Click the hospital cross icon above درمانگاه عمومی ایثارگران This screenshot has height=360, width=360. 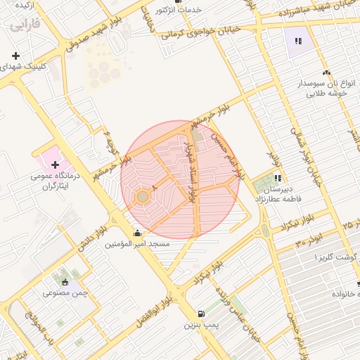click(56, 165)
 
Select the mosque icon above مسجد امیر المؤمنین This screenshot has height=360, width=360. click(136, 233)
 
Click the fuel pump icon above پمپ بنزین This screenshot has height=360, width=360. click(202, 314)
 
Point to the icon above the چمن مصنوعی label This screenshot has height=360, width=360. click(65, 281)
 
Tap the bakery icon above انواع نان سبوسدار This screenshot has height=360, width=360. click(325, 73)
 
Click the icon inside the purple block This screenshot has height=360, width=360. click(298, 41)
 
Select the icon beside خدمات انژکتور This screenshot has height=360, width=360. click(162, 10)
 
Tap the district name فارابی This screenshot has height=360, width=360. click(25, 26)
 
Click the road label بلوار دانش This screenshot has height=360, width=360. click(92, 239)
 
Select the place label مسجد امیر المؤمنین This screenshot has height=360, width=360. click(138, 244)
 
